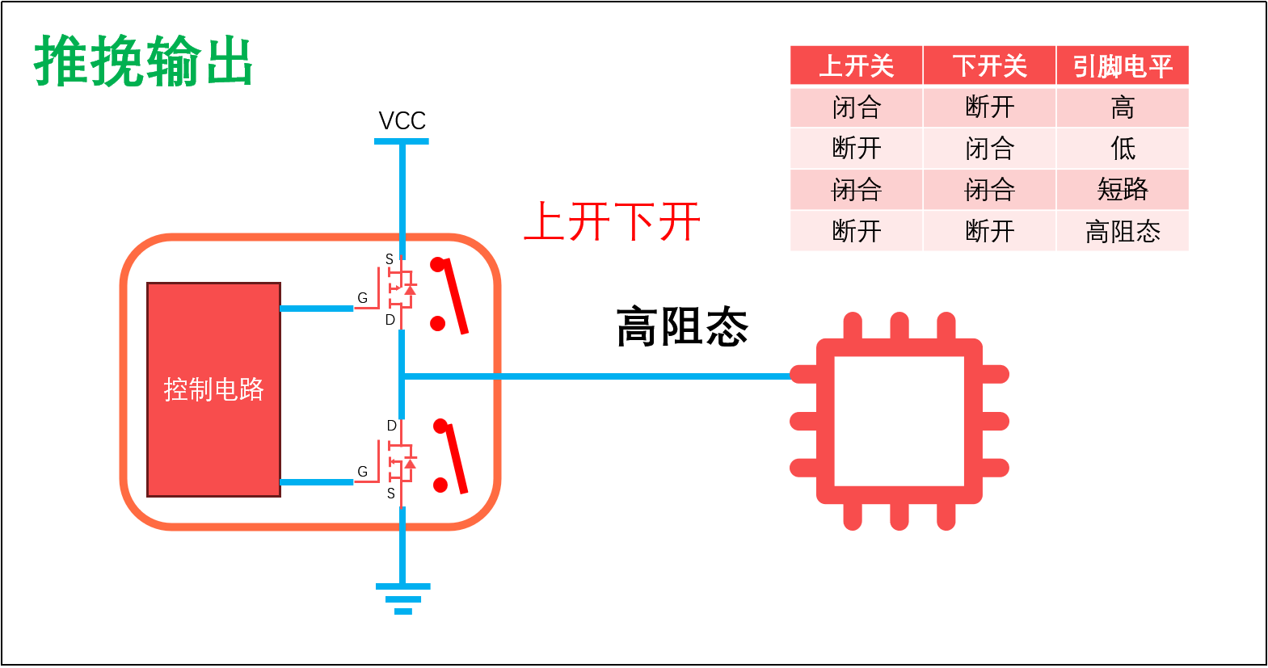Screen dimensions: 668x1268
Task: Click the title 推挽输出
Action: coord(144,62)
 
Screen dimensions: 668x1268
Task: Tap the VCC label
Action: coord(402,121)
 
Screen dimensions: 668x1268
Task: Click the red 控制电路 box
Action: coord(213,389)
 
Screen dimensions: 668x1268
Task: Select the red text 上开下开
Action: coord(612,222)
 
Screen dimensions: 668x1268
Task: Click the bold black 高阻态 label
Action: coord(682,327)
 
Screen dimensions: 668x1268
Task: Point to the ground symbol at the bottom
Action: coord(402,599)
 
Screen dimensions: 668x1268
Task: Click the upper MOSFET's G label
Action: coord(362,298)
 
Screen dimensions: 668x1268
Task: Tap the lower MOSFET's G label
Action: coord(362,472)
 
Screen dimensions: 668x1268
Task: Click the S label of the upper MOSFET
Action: coord(390,259)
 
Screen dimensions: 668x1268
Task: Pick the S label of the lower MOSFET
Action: coord(391,494)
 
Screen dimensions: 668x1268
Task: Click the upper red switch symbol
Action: coord(449,295)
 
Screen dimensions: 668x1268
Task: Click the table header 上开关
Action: coord(856,66)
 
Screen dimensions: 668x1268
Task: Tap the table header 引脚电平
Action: coord(1123,66)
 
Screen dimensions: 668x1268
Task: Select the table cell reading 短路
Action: coord(1123,190)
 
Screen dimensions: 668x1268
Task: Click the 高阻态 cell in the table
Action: coord(1123,232)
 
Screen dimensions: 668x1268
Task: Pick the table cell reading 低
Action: coord(1123,149)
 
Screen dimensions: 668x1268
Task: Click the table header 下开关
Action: coord(989,66)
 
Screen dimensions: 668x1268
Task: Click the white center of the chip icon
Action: coord(899,421)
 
